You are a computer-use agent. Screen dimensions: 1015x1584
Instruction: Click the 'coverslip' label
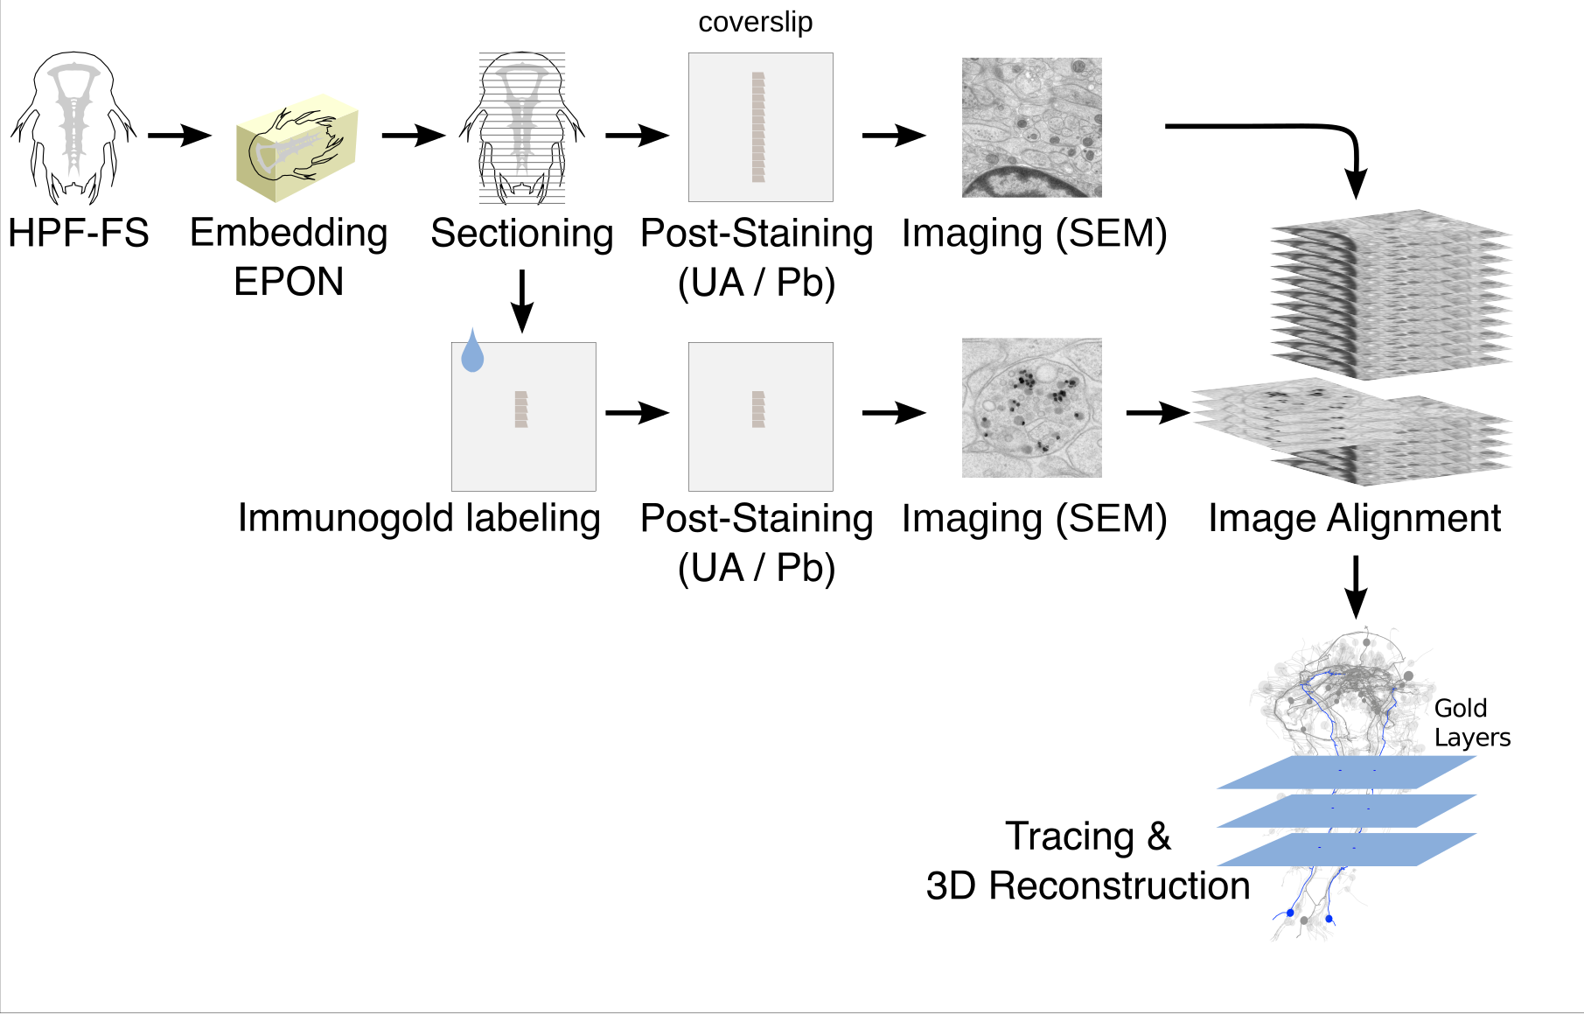click(x=755, y=22)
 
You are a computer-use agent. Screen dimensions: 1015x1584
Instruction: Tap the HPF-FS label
click(x=78, y=234)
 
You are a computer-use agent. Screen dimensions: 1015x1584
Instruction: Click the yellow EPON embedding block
click(x=297, y=147)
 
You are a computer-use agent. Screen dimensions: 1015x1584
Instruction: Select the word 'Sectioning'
click(x=521, y=234)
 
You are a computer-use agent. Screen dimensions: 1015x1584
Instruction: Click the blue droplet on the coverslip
click(x=472, y=353)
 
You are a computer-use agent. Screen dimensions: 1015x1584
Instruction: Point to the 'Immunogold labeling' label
click(x=419, y=518)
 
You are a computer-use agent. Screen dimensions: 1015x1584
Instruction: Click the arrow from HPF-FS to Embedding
click(x=179, y=135)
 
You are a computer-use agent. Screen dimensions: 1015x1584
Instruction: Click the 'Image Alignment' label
click(x=1354, y=518)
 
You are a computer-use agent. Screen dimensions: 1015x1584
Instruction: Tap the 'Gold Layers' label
click(x=1471, y=723)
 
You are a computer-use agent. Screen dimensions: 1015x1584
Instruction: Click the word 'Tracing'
click(x=1069, y=836)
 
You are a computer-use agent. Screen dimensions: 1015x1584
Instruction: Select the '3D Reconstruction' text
click(x=1087, y=886)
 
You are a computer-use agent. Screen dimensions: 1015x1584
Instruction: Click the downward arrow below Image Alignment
click(x=1355, y=587)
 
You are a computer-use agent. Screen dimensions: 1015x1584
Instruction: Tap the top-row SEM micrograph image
click(x=1031, y=128)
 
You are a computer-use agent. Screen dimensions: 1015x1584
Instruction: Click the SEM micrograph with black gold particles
click(x=1031, y=408)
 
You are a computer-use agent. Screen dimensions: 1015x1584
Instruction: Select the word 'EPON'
click(x=289, y=282)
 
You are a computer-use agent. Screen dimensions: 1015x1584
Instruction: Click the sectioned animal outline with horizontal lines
click(x=522, y=128)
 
